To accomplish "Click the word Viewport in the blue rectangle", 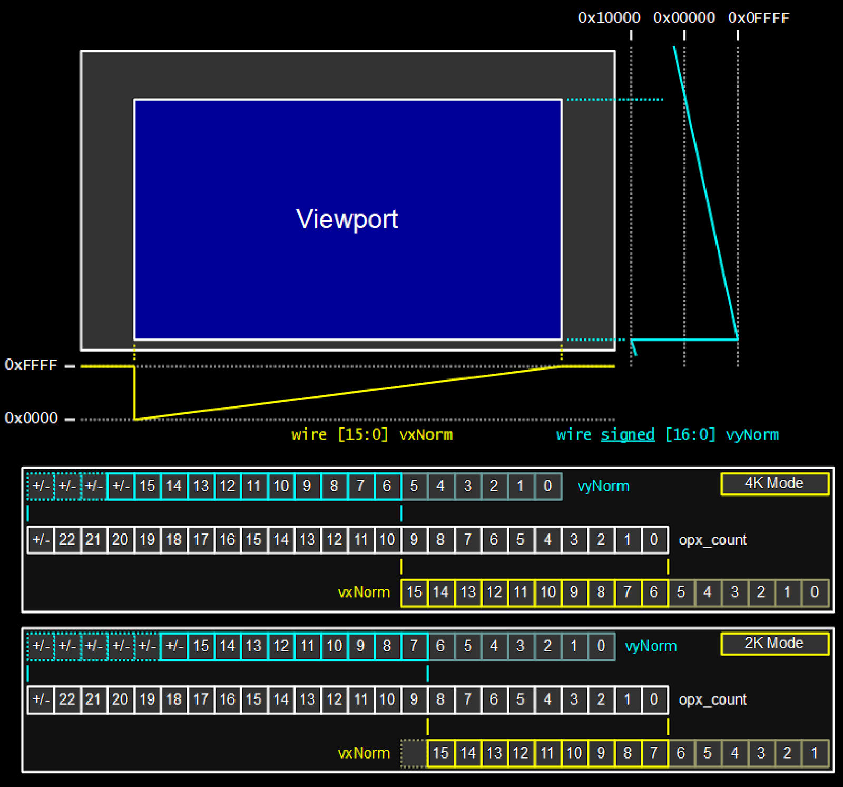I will (x=347, y=219).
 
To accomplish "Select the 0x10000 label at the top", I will (x=609, y=18).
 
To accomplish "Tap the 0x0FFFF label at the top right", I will (x=758, y=18).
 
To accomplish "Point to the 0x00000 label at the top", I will (x=684, y=18).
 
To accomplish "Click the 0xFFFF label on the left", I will (x=31, y=365).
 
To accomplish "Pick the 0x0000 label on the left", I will (x=31, y=418).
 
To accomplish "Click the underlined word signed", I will (x=628, y=434).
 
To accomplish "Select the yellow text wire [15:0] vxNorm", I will (x=372, y=434).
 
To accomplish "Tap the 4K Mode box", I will (x=774, y=483).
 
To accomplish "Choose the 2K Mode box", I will (x=774, y=643).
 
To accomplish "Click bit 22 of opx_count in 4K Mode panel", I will (x=67, y=539).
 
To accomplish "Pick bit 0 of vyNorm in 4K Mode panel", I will (x=547, y=485).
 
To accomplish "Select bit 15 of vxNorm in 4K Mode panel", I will (x=414, y=592).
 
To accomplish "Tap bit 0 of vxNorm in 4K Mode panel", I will (x=815, y=592).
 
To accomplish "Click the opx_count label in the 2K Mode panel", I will (x=712, y=699).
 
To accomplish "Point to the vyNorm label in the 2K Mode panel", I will (x=651, y=646).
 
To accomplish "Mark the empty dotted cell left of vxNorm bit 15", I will (x=414, y=753).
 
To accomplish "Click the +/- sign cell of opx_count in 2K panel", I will (x=41, y=699).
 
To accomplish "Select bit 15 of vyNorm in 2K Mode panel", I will (x=201, y=646).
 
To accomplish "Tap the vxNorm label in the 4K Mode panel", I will (x=364, y=592).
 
